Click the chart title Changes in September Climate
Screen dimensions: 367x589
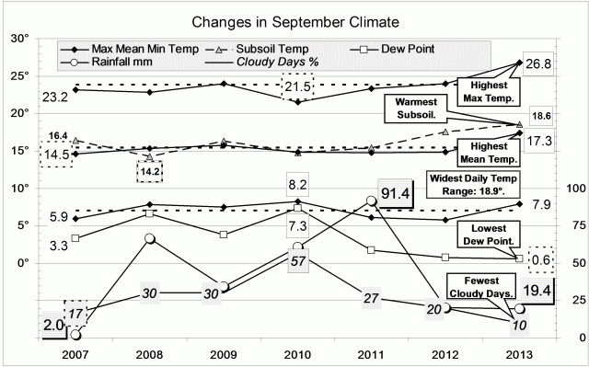point(294,19)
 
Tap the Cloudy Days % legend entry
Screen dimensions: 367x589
point(261,62)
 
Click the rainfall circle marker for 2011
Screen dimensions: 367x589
point(371,201)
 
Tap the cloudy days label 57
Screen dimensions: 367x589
point(298,261)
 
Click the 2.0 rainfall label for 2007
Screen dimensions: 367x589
point(52,324)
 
